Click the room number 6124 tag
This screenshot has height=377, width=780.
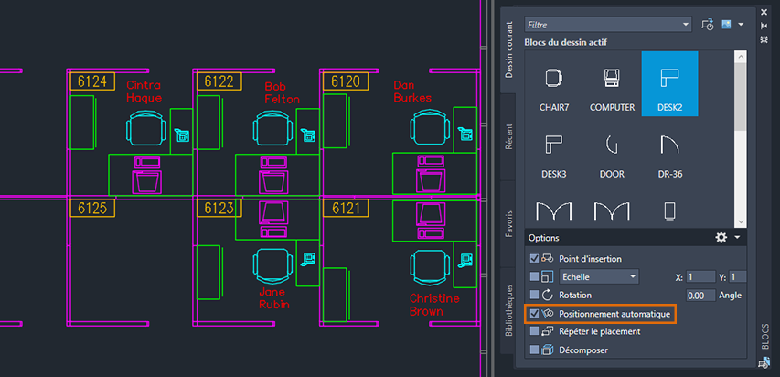91,81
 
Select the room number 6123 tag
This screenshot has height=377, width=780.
219,209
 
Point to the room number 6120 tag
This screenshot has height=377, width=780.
345,81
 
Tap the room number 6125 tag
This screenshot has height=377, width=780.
91,209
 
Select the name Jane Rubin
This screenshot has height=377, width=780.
273,298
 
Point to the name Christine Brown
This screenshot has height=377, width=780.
434,305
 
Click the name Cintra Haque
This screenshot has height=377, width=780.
144,92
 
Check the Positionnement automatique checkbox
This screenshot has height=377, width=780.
535,314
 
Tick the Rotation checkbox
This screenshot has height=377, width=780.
535,296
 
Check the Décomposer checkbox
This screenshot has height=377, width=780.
535,350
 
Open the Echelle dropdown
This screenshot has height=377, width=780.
599,276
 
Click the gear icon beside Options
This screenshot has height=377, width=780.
721,237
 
